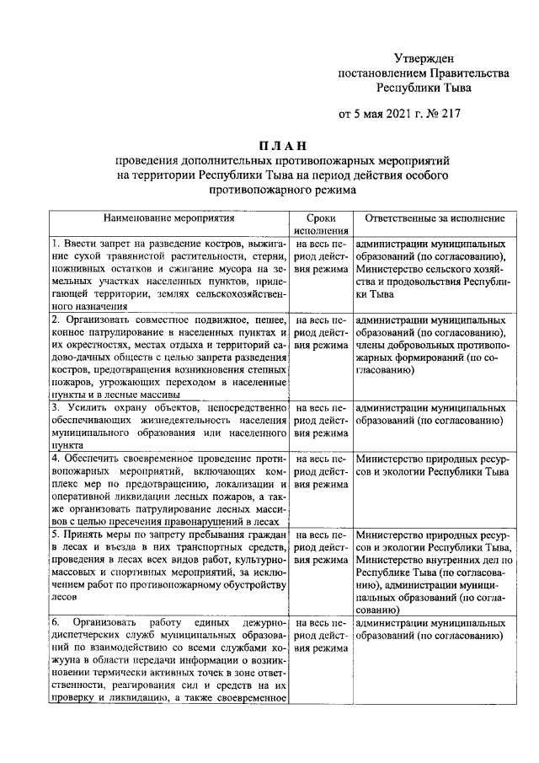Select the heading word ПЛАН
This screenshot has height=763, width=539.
point(270,145)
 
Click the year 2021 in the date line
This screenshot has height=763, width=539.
point(398,113)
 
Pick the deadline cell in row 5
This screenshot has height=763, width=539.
point(321,547)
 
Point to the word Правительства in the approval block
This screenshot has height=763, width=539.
point(472,73)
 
